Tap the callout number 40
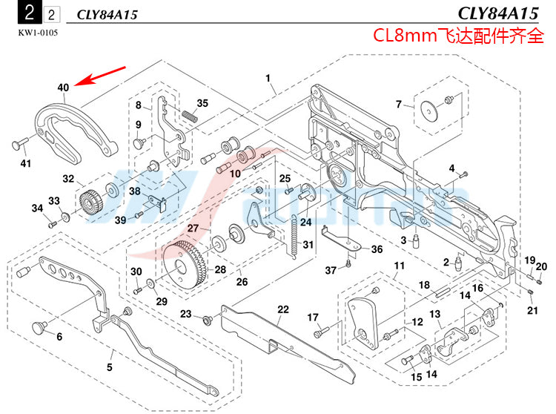63,88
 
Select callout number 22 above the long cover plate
282,309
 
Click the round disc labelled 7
428,111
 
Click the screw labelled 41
19,143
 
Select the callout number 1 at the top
268,78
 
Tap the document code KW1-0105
38,33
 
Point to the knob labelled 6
38,326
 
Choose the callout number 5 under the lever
109,367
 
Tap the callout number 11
399,266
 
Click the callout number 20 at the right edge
541,266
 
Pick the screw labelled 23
207,318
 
